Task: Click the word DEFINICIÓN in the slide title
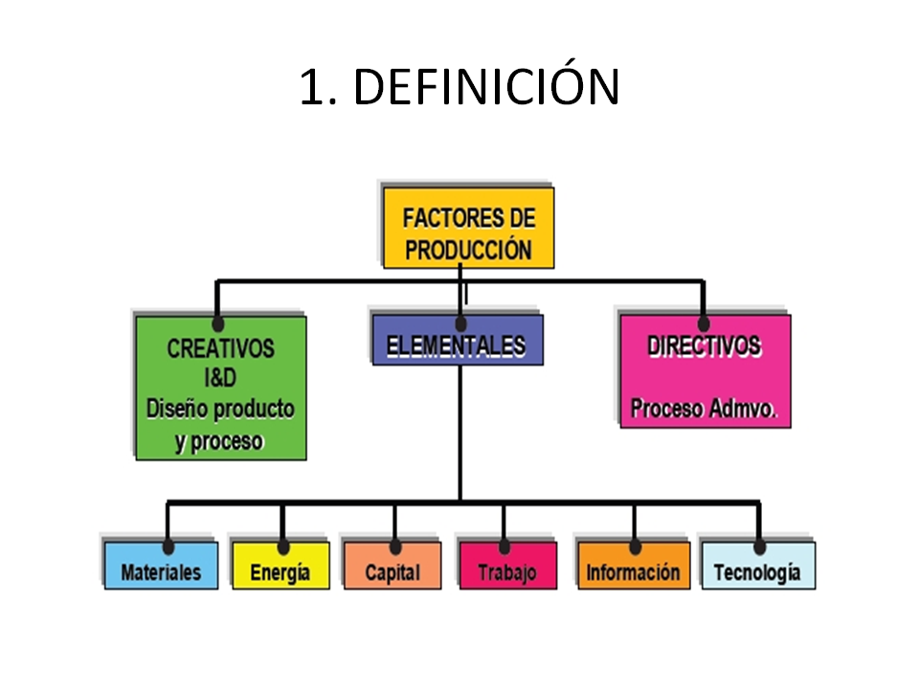pos(487,88)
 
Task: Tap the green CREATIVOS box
pos(221,388)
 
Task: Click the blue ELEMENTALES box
pos(457,342)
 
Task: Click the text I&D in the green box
pos(221,378)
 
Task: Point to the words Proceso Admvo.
pos(705,410)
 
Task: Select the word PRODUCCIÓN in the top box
pos(468,250)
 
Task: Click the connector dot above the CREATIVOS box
pos(218,324)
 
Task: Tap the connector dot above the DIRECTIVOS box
pos(704,322)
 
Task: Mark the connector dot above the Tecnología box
pos(759,546)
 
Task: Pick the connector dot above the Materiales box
pos(168,546)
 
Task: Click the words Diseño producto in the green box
pos(220,410)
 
